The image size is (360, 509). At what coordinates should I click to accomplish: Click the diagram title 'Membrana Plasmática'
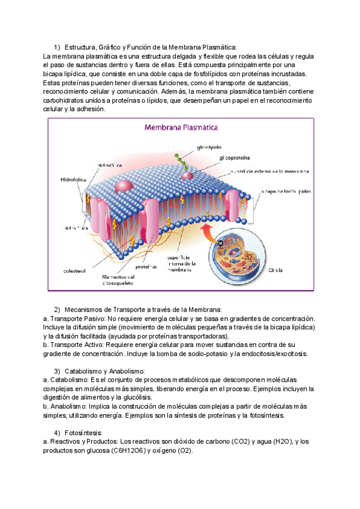pyautogui.click(x=181, y=128)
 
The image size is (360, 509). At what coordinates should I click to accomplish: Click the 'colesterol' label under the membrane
pyautogui.click(x=76, y=271)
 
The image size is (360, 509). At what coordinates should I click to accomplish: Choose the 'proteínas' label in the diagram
pyautogui.click(x=146, y=266)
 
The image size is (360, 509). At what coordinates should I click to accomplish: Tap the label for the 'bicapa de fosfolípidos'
pyautogui.click(x=286, y=191)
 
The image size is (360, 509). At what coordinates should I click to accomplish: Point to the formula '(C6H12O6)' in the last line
pyautogui.click(x=128, y=450)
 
